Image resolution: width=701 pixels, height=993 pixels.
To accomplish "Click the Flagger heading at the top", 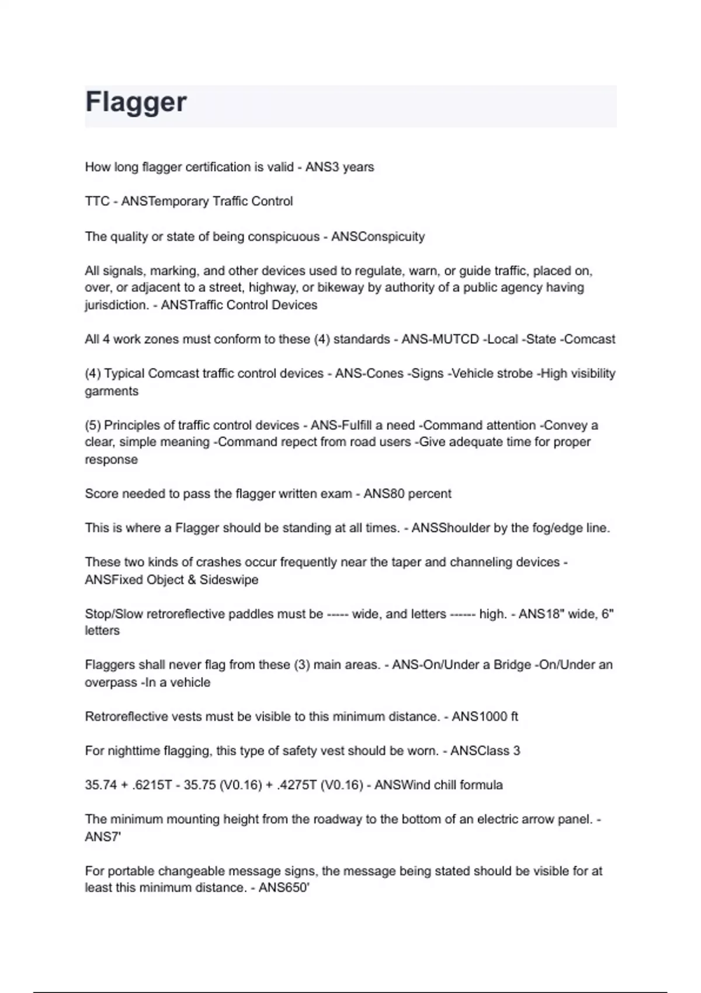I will pyautogui.click(x=136, y=102).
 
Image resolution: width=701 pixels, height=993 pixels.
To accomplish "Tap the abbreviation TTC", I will pyautogui.click(x=97, y=202).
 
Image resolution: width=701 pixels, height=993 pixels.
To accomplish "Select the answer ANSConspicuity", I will pyautogui.click(x=378, y=237).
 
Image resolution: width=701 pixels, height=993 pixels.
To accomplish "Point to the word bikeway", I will pyautogui.click(x=337, y=287).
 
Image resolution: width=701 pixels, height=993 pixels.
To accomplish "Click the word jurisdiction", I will pyautogui.click(x=116, y=305).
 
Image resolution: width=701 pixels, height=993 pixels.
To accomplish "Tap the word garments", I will pyautogui.click(x=112, y=391).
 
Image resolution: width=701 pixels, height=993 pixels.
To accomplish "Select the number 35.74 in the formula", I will pyautogui.click(x=100, y=785).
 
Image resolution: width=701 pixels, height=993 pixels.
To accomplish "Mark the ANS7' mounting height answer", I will pyautogui.click(x=103, y=837).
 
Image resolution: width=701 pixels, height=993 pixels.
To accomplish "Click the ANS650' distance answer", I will pyautogui.click(x=284, y=888).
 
